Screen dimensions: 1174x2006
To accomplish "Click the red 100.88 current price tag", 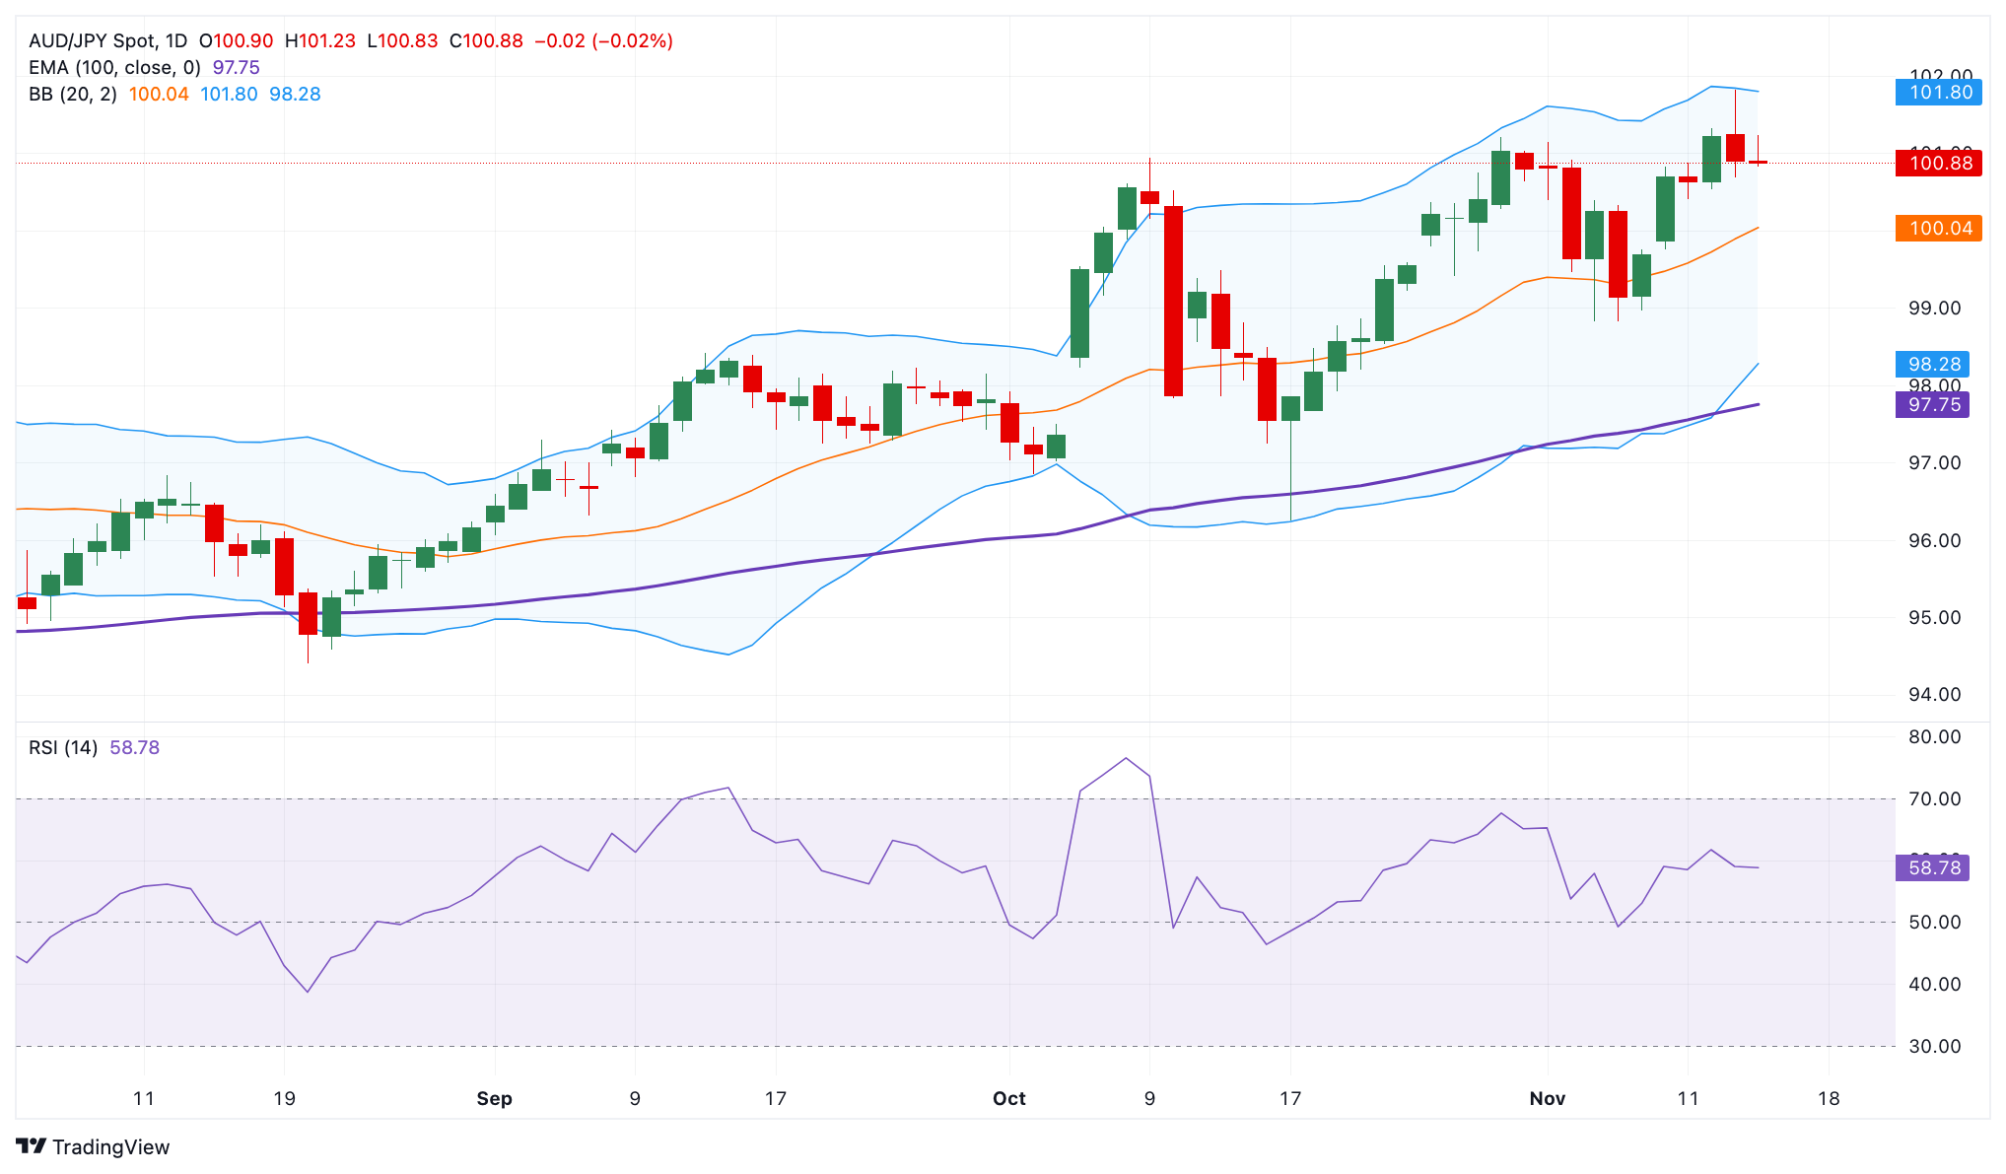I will [x=1938, y=163].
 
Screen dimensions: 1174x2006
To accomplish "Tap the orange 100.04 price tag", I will [x=1938, y=229].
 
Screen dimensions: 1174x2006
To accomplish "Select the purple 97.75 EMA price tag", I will [x=1932, y=405].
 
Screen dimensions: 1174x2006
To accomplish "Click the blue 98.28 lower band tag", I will [x=1932, y=365].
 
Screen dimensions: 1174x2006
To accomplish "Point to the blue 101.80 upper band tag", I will [x=1938, y=93].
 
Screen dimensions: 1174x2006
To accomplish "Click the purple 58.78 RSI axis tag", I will [x=1932, y=868].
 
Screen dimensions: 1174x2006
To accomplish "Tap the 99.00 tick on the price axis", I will [x=1934, y=309].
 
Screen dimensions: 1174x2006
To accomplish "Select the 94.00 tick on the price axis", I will [x=1934, y=695].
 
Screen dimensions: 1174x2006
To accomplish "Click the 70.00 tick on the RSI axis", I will [x=1934, y=799].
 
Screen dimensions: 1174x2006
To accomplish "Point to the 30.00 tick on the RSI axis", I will [x=1934, y=1047].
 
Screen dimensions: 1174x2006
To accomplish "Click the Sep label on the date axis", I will [x=494, y=1099].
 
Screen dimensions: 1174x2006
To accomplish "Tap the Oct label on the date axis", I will [x=1008, y=1099].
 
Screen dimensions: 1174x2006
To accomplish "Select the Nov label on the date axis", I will [x=1547, y=1099].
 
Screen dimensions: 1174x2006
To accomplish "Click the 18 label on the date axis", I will [x=1828, y=1099].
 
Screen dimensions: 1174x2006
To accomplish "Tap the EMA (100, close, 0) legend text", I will [x=114, y=68].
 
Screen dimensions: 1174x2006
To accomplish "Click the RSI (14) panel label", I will [x=63, y=748].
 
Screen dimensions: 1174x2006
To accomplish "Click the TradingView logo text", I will [x=110, y=1147].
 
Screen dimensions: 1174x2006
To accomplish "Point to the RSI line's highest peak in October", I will [x=1126, y=758].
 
